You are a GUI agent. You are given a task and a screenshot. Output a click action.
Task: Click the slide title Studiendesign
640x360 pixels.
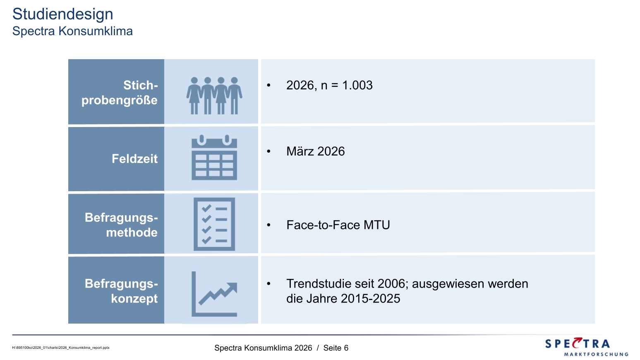[x=62, y=14]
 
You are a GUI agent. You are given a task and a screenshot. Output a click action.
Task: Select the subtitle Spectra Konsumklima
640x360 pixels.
[x=72, y=31]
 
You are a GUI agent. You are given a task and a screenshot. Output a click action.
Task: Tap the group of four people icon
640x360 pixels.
[x=214, y=96]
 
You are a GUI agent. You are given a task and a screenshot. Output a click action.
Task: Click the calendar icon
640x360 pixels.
[x=214, y=157]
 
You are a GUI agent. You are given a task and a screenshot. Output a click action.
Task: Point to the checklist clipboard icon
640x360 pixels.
[x=214, y=224]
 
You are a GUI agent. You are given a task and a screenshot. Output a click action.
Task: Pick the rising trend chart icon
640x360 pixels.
[x=214, y=294]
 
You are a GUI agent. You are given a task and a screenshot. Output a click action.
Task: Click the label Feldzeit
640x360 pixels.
[x=134, y=159]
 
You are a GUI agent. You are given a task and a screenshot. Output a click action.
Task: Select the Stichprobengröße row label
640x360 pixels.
[x=120, y=93]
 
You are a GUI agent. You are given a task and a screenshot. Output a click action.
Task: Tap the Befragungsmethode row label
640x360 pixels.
[x=121, y=225]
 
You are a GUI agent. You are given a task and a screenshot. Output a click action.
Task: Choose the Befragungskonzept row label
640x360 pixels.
[x=121, y=291]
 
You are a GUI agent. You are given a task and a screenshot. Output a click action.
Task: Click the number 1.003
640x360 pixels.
[x=357, y=85]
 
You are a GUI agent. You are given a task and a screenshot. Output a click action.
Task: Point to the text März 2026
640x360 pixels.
[x=315, y=151]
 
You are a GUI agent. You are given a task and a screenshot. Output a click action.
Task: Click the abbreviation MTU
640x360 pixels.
[x=376, y=225]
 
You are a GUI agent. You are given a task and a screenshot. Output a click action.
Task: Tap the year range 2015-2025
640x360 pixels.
[x=370, y=299]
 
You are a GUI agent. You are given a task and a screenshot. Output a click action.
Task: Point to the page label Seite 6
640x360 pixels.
[x=336, y=348]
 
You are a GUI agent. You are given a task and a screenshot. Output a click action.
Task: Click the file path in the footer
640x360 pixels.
[x=60, y=348]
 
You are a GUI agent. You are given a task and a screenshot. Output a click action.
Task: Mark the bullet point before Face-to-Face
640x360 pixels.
[x=268, y=225]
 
